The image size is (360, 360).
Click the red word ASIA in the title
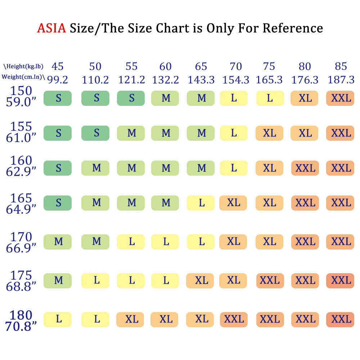pos(51,28)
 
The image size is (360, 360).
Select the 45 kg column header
pos(58,66)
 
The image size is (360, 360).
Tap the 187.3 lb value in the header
pos(341,80)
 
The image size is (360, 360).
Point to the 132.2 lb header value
pos(166,80)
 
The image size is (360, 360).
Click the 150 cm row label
pos(21,91)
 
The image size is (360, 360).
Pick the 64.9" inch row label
pos(21,209)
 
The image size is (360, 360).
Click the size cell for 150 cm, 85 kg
pos(340,98)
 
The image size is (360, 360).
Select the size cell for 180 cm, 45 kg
pos(58,320)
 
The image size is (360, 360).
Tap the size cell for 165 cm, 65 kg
pos(201,203)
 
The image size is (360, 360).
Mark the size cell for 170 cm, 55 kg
pos(131,242)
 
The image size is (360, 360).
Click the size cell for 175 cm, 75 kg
pos(270,280)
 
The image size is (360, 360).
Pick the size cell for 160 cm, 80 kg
pos(305,168)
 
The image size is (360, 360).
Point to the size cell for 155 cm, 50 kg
pos(96,133)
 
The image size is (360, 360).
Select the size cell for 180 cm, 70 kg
pos(234,320)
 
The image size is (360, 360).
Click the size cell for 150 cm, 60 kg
pos(166,98)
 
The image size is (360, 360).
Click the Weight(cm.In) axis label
pos(23,77)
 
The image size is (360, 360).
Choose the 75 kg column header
pos(269,66)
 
